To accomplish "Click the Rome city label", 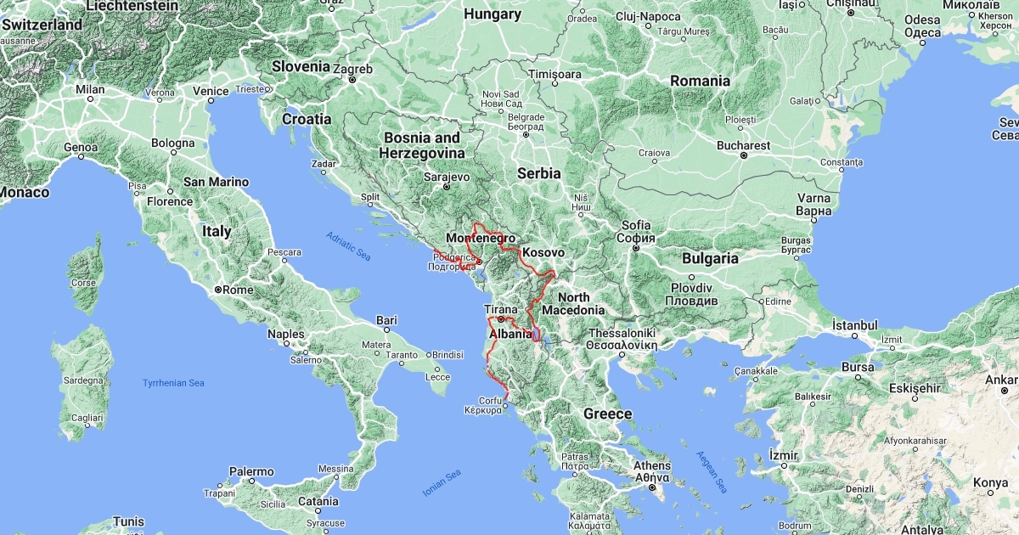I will point(239,290).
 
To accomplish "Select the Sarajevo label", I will point(447,177).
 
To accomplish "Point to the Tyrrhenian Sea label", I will point(173,383).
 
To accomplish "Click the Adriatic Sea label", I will point(348,245).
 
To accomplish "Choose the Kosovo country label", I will point(543,253).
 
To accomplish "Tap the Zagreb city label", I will point(352,69).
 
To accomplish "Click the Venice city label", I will point(210,91).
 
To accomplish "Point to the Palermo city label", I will point(251,471).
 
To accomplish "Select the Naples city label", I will point(285,334).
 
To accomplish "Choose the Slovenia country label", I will point(301,65).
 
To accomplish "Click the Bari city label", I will point(386,320).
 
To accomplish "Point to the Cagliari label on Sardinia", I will point(86,418).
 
